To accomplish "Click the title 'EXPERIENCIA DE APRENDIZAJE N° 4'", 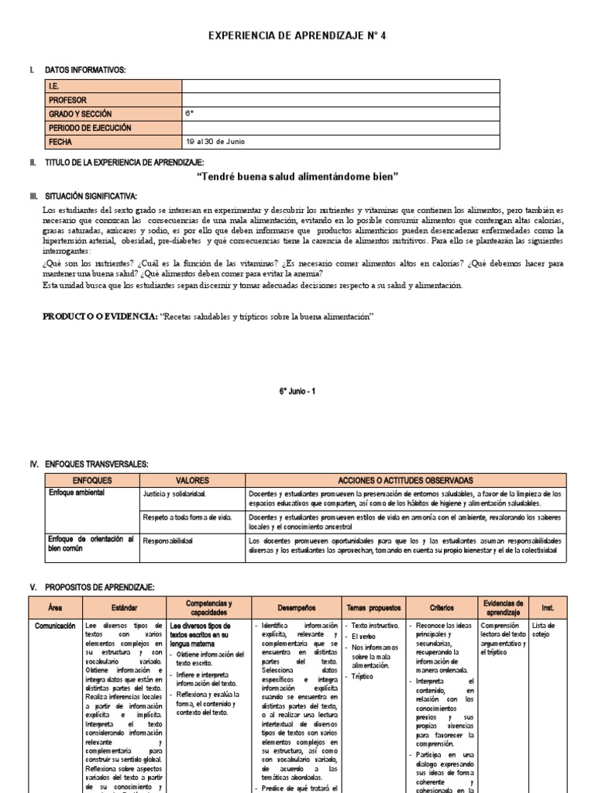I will pyautogui.click(x=297, y=36).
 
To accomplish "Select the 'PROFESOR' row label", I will pyautogui.click(x=67, y=100).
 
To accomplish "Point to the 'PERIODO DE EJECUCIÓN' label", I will pyautogui.click(x=90, y=128).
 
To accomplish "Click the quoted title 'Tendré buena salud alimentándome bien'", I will pyautogui.click(x=297, y=177).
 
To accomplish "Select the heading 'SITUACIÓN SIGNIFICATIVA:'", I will pyautogui.click(x=91, y=197).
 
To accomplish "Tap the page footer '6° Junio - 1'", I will pyautogui.click(x=297, y=391).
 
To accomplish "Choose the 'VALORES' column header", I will pyautogui.click(x=192, y=481).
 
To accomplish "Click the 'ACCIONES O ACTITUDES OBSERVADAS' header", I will pyautogui.click(x=405, y=481).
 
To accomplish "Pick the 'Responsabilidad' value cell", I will pyautogui.click(x=167, y=540).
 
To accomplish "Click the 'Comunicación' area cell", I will pyautogui.click(x=53, y=625).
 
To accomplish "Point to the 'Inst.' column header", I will pyautogui.click(x=548, y=608).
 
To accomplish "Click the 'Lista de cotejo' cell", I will pyautogui.click(x=544, y=630).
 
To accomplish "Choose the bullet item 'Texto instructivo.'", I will pyautogui.click(x=375, y=625).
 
